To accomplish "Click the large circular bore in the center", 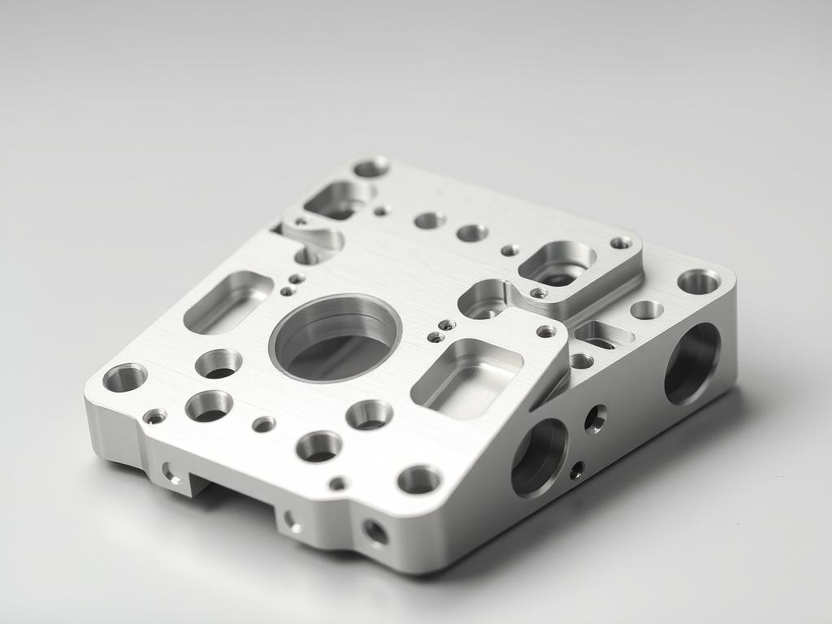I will click(x=335, y=338).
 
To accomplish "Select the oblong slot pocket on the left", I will click(x=228, y=301).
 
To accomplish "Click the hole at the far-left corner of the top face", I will click(x=125, y=377).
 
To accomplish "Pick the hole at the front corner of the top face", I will click(x=419, y=479).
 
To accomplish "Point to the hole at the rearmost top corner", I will click(x=370, y=167).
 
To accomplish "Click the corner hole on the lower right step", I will click(x=698, y=281).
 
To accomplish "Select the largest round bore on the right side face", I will click(x=692, y=363).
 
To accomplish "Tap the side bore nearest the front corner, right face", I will click(x=539, y=457).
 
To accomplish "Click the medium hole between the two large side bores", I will click(x=596, y=418).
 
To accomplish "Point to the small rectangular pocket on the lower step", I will click(x=603, y=335).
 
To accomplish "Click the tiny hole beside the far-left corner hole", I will click(x=154, y=417).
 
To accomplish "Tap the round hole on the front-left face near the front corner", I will click(x=375, y=532).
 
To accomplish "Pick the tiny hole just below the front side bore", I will click(x=577, y=470).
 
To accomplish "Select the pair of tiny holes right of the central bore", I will click(x=441, y=331).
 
